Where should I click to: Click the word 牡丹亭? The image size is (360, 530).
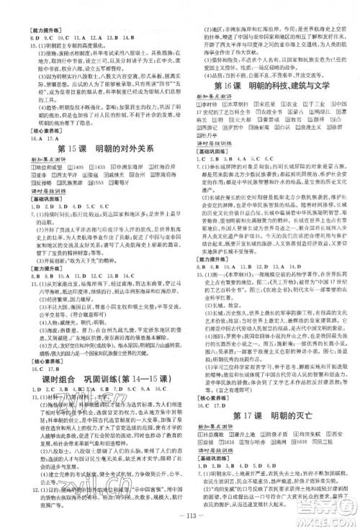[208, 145]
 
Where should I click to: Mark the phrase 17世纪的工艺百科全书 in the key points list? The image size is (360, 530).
[219, 121]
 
